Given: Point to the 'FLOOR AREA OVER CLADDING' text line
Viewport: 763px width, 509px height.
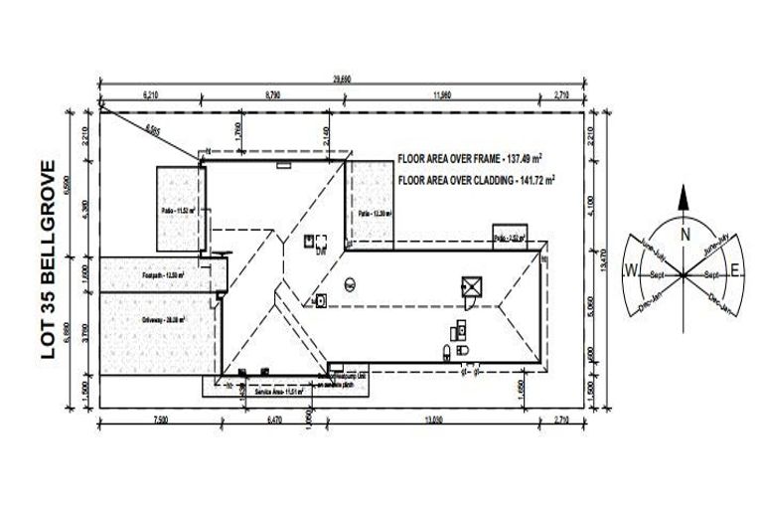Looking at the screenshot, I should pyautogui.click(x=476, y=181).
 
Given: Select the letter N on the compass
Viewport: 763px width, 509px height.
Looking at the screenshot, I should pyautogui.click(x=685, y=235).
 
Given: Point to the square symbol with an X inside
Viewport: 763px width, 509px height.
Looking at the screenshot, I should pyautogui.click(x=470, y=286).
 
